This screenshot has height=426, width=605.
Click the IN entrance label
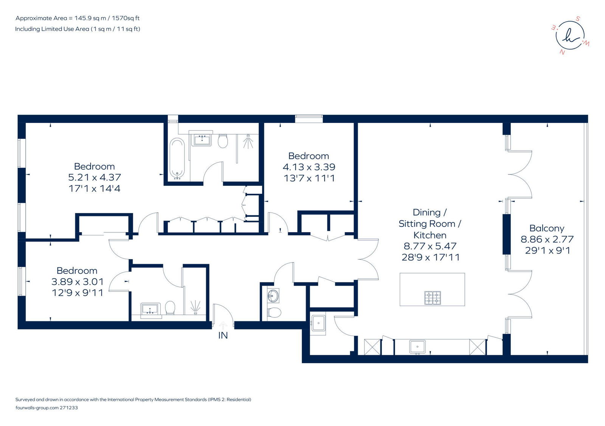223,336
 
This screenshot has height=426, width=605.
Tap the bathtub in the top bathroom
177,159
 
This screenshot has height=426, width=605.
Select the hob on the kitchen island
433,298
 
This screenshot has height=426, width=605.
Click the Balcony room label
547,228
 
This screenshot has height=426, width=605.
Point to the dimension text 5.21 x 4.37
95,177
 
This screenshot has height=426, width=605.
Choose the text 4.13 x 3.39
309,167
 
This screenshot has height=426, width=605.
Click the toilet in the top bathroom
223,141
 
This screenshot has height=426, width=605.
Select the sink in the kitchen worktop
417,347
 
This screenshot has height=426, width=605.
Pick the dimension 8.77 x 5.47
430,246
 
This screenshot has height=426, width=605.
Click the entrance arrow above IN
223,325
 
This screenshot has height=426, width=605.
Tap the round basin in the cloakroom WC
273,295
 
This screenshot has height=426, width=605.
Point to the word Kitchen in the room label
430,235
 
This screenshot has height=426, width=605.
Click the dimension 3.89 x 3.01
78,281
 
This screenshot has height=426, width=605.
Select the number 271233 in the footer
68,407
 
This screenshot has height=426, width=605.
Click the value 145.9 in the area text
83,18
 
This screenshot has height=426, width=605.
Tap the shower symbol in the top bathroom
248,142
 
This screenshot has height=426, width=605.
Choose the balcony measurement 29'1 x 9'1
548,250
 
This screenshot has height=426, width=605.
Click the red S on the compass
578,19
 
